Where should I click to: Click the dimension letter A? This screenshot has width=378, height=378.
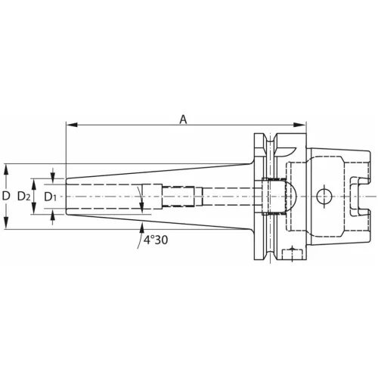[184, 117]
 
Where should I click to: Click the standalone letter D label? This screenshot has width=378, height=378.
[6, 196]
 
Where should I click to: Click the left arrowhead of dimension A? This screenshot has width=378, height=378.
[70, 125]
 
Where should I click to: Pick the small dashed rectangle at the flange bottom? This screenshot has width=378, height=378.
[293, 253]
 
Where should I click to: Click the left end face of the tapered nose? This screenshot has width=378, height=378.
[67, 197]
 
